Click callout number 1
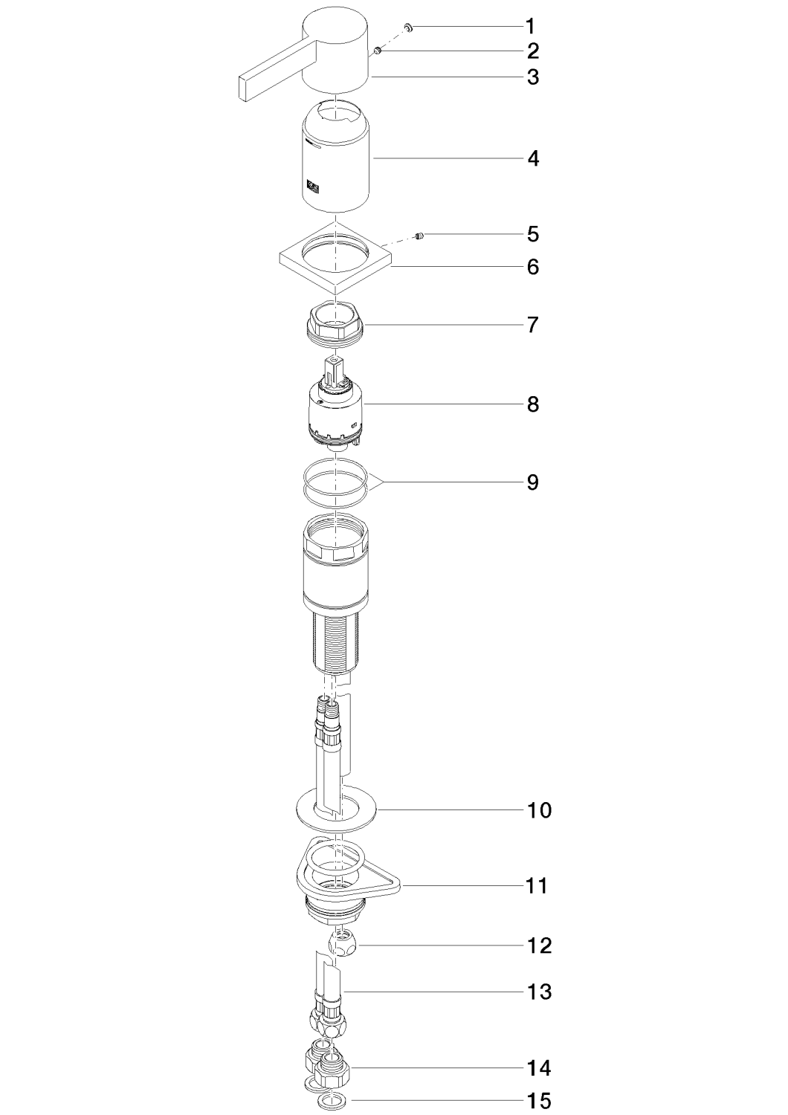point(532,26)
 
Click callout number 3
point(532,77)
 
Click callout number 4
point(532,159)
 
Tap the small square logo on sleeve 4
point(313,186)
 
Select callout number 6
point(532,268)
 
